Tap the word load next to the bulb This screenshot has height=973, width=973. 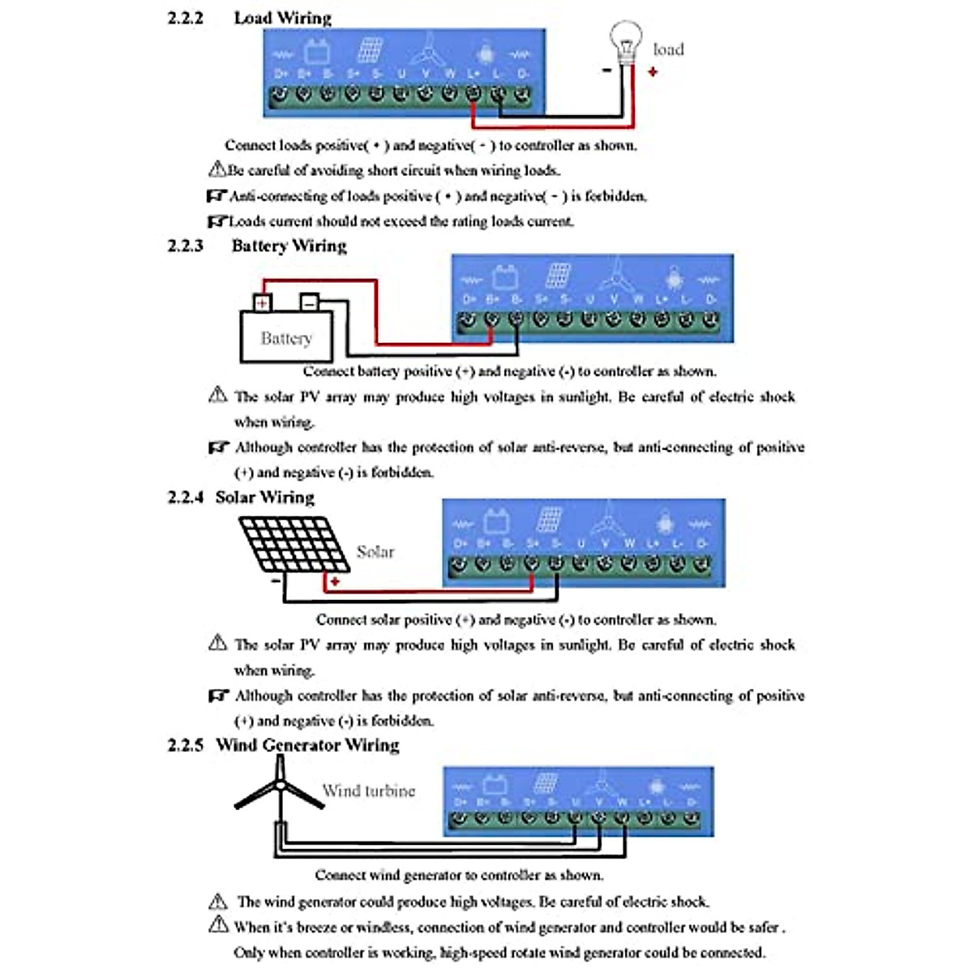668,49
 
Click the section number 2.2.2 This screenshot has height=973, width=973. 185,18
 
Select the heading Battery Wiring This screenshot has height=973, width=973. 289,246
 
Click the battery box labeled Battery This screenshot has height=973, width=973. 286,337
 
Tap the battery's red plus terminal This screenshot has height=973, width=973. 262,303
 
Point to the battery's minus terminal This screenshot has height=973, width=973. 309,302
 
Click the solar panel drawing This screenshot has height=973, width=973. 294,543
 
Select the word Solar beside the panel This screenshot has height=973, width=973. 375,552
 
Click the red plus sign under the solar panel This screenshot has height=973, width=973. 334,581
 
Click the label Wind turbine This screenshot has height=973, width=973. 369,791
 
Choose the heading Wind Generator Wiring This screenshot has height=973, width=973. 307,745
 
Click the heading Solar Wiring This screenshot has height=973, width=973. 264,497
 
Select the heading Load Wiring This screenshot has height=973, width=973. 282,18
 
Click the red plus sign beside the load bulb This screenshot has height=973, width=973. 653,71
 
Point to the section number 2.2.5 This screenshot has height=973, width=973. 185,745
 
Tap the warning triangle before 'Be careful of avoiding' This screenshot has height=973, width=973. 216,169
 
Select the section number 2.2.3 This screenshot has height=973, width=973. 185,246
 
